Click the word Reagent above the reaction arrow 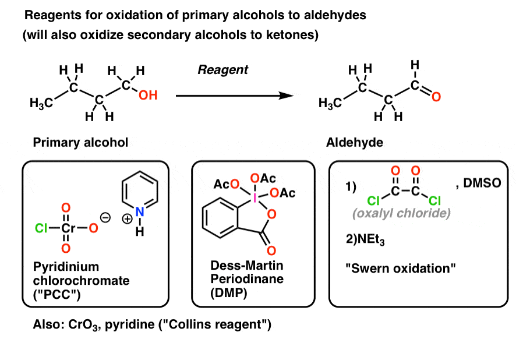tap(223, 70)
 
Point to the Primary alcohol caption tap(80, 142)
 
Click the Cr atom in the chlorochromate tap(66, 229)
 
